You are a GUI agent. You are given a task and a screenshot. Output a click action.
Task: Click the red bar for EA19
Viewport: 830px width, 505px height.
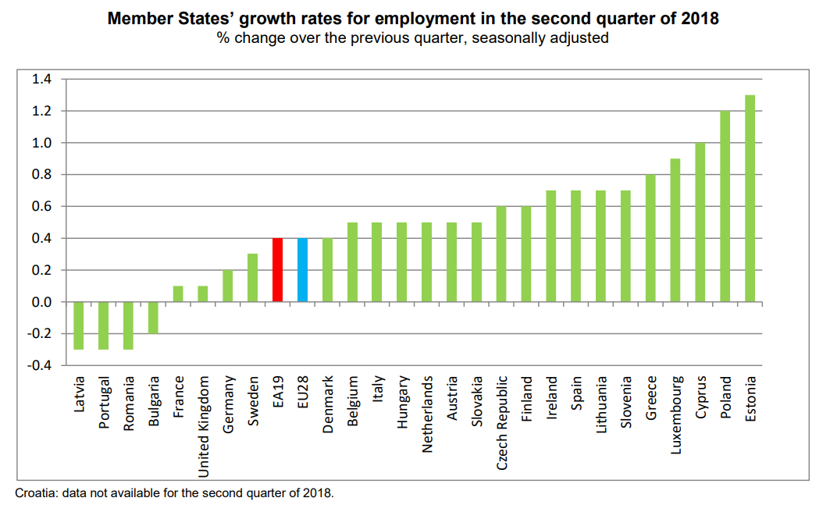pos(277,270)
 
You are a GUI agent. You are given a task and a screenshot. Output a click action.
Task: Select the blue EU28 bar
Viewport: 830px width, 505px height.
pos(302,270)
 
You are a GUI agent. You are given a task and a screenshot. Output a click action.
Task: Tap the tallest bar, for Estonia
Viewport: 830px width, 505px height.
pos(750,198)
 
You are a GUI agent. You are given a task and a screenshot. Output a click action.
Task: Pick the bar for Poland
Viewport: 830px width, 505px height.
pos(725,206)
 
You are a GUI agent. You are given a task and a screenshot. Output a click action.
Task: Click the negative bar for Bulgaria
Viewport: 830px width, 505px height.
pos(153,318)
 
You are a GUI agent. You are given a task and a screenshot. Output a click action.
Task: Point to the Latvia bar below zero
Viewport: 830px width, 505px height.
pos(78,325)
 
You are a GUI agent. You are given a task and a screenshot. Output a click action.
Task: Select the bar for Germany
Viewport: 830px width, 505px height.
pos(227,286)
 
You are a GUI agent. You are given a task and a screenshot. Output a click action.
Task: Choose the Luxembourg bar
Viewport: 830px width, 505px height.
pos(675,230)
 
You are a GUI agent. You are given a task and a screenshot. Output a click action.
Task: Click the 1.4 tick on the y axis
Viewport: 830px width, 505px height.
pos(41,80)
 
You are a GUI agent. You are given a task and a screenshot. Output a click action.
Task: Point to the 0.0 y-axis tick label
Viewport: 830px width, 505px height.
pos(41,302)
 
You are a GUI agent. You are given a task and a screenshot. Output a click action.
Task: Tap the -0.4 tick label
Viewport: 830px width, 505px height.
pos(39,365)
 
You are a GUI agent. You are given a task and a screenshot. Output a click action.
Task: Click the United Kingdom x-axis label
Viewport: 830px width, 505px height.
pos(204,426)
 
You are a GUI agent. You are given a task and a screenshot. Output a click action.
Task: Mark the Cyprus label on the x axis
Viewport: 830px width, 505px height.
pos(701,397)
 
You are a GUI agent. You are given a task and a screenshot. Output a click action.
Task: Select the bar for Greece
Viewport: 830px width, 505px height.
pos(650,238)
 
